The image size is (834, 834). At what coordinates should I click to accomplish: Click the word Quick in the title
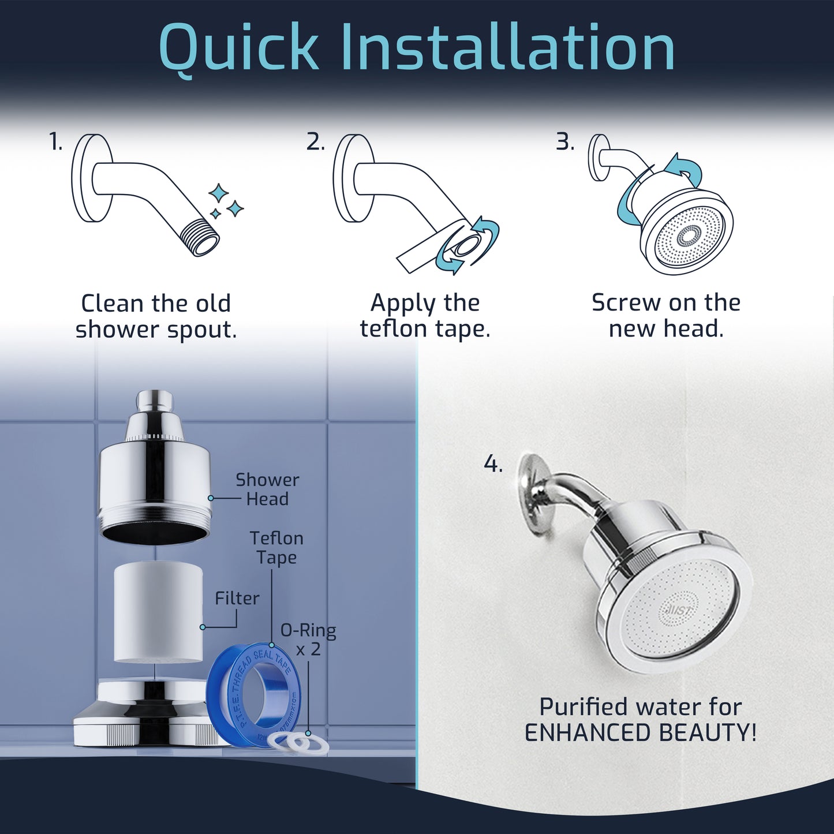[238, 48]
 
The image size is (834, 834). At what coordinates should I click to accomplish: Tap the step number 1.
[55, 142]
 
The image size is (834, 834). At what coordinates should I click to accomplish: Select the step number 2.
[315, 142]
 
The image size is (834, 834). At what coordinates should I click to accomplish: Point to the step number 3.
[565, 142]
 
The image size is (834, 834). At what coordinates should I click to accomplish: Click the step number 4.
[493, 464]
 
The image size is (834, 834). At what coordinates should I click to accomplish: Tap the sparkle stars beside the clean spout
[226, 201]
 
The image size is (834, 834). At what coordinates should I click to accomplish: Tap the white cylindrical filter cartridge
[158, 613]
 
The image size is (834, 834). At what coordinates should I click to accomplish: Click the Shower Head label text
[267, 489]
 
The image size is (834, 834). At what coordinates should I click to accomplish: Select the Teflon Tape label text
[276, 548]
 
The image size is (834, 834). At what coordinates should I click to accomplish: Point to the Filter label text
[237, 599]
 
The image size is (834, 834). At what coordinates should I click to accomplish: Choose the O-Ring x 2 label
[308, 639]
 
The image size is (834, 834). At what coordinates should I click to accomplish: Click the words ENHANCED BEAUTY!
[640, 733]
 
